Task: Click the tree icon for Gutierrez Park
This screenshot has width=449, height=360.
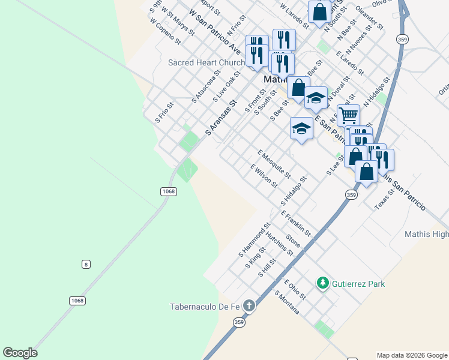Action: pyautogui.click(x=323, y=283)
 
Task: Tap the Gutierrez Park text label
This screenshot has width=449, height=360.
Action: pyautogui.click(x=358, y=284)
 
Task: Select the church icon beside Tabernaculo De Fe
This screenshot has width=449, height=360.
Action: pyautogui.click(x=249, y=307)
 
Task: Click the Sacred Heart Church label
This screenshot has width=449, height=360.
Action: pyautogui.click(x=206, y=62)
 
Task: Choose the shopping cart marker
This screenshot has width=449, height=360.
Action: pyautogui.click(x=348, y=114)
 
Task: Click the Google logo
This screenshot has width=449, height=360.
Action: pyautogui.click(x=20, y=353)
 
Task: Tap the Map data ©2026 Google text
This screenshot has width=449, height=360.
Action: pyautogui.click(x=411, y=355)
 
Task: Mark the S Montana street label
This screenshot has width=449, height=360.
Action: pyautogui.click(x=287, y=302)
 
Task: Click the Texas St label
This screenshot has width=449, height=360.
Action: pyautogui.click(x=384, y=197)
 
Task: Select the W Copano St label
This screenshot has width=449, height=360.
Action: pyautogui.click(x=166, y=31)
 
